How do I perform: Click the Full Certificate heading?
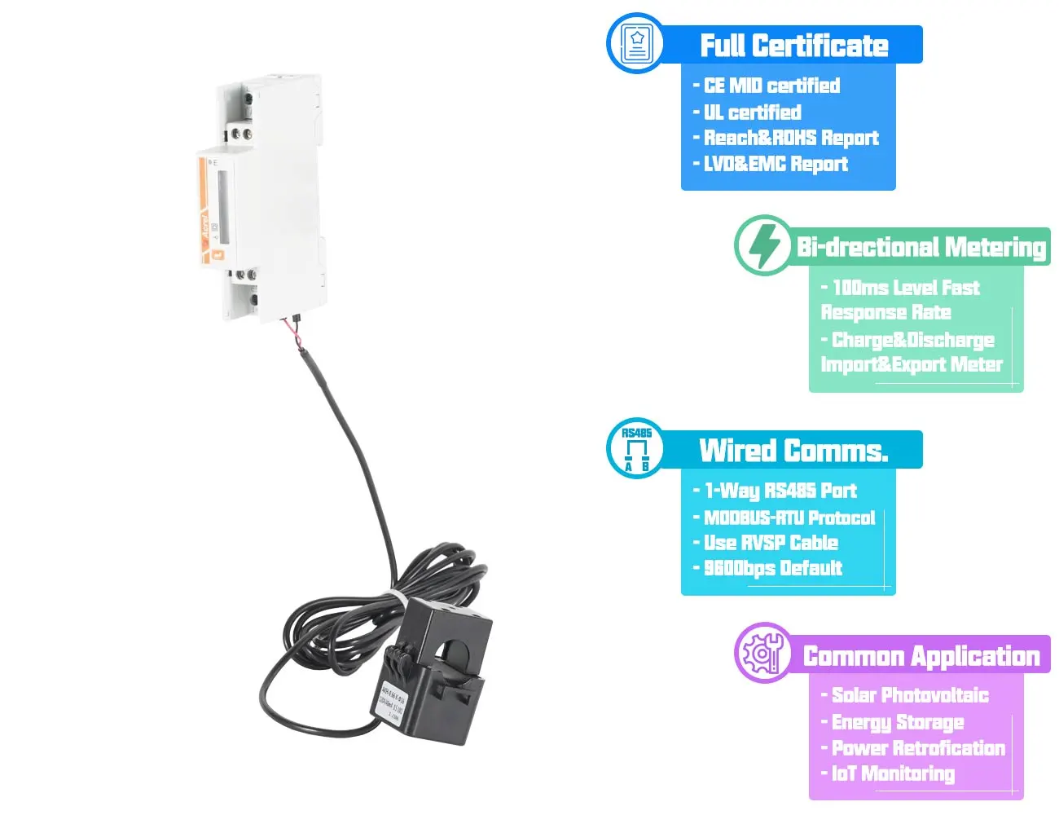[x=793, y=46]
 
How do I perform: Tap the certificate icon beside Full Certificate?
[x=636, y=42]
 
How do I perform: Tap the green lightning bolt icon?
[x=763, y=245]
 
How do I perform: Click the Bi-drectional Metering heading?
[x=921, y=247]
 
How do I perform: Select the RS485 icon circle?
[x=635, y=449]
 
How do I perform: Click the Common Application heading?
[x=921, y=656]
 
